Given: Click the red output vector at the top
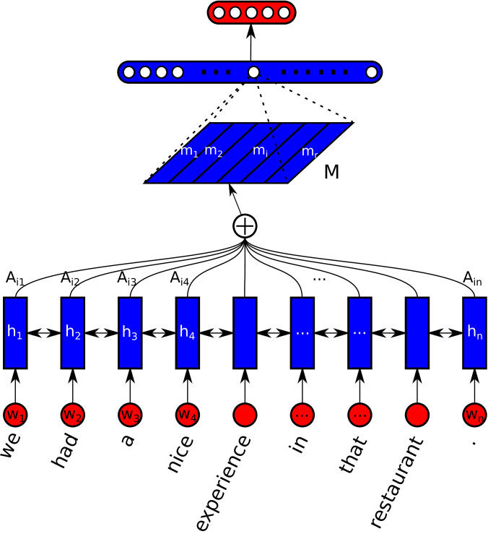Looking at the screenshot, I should (251, 12).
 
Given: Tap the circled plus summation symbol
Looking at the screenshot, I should (245, 227).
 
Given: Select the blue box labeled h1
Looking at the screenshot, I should (15, 333).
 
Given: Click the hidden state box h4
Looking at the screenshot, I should (188, 333).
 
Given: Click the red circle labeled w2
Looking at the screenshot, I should (72, 416).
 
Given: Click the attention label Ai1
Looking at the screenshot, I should (15, 277).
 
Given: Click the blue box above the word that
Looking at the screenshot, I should (360, 333).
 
